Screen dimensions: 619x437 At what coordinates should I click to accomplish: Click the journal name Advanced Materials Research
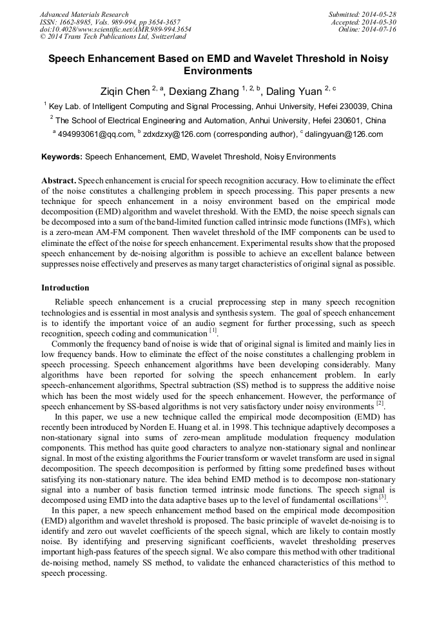(84, 14)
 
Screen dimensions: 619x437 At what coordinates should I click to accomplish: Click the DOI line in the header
(115, 30)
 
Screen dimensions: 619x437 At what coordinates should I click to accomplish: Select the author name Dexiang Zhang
(204, 92)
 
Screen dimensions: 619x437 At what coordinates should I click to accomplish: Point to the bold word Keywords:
(62, 157)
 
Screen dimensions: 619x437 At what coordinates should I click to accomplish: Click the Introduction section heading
(65, 288)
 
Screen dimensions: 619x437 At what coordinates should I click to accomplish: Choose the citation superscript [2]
(380, 405)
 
